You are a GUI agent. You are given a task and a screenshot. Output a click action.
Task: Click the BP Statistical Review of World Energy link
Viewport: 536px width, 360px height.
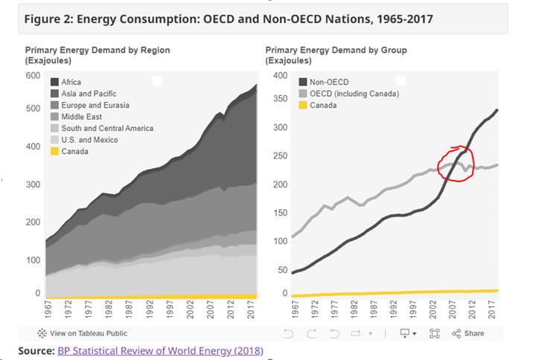160,350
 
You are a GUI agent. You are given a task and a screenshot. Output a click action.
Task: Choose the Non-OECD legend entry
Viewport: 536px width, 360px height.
328,82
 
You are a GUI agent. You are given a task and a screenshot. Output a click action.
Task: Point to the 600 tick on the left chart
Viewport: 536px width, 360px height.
32,76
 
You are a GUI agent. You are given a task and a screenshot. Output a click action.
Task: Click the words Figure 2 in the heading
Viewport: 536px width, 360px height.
50,19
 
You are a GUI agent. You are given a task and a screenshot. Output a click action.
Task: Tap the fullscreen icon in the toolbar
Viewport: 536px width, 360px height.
435,333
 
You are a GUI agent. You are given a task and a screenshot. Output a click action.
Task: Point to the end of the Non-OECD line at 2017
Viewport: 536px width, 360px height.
497,110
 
